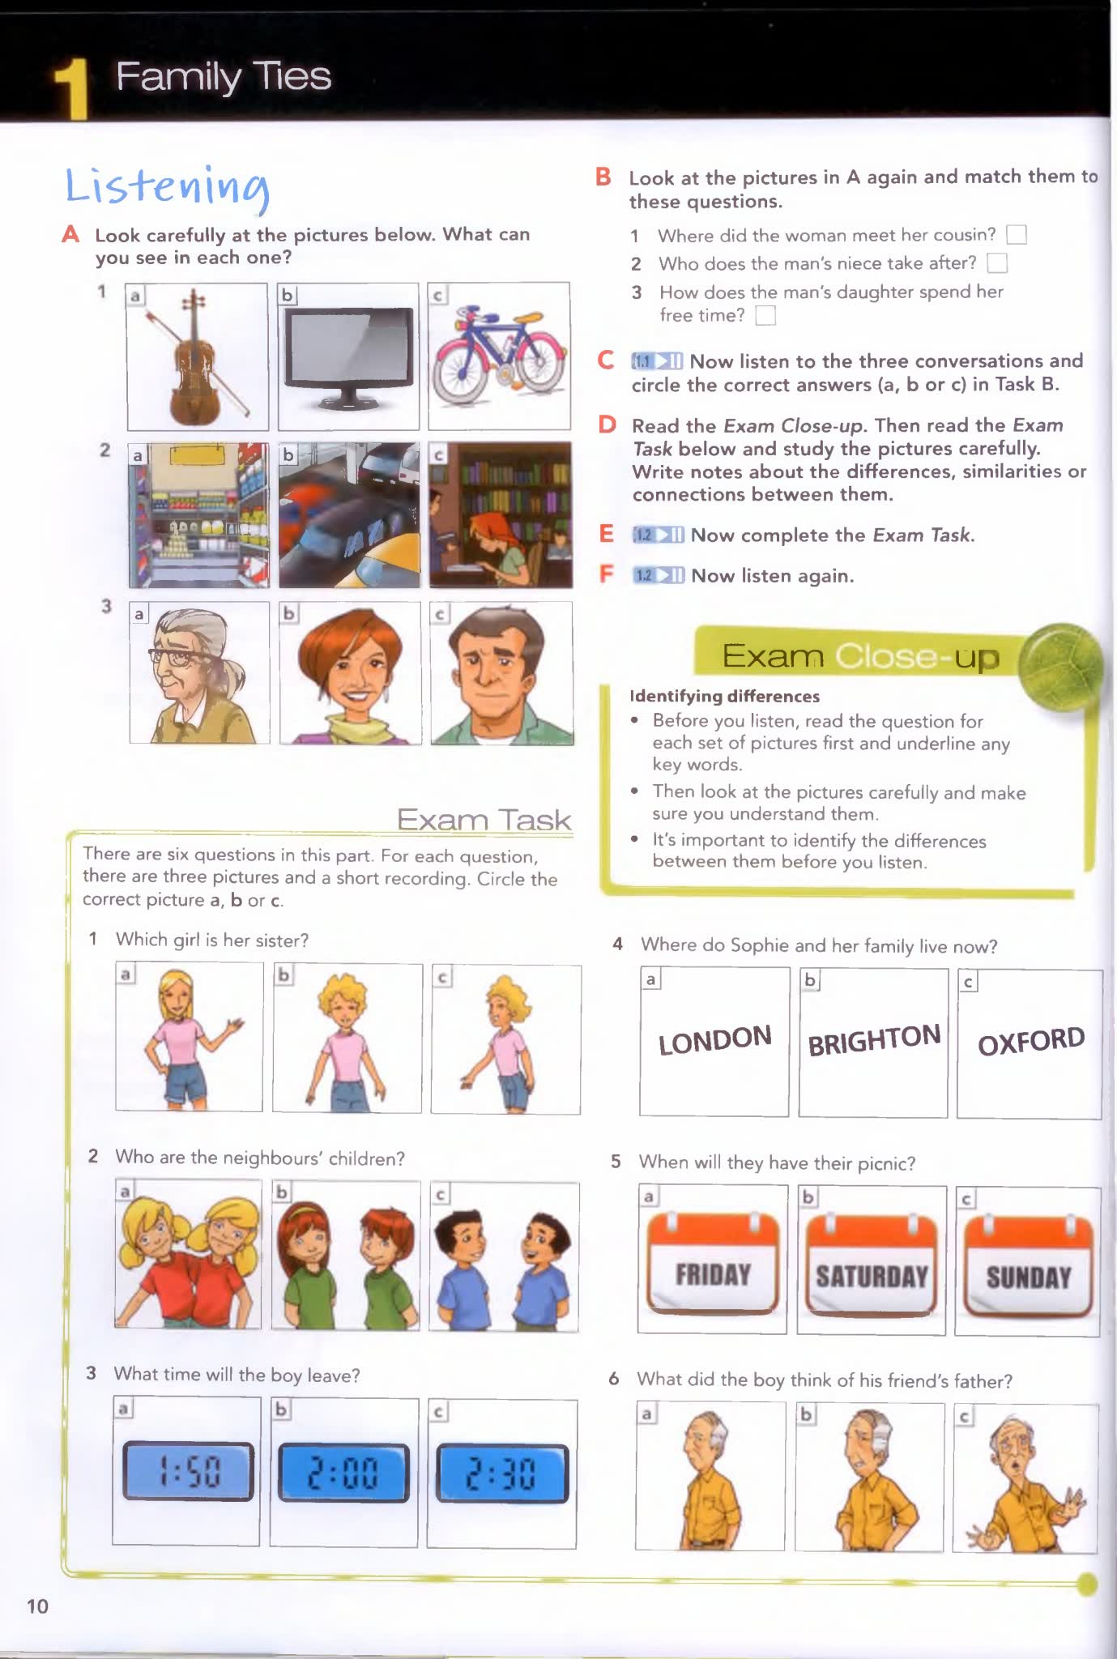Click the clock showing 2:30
point(502,1473)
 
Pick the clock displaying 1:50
point(188,1471)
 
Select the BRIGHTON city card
point(873,1040)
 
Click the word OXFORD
point(1030,1042)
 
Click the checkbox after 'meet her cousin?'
point(1016,235)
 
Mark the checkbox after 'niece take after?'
point(997,263)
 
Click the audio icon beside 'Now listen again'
point(658,576)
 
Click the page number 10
point(37,1606)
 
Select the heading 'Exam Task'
point(484,820)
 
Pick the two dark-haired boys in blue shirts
point(503,1256)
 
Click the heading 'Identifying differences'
point(724,696)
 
